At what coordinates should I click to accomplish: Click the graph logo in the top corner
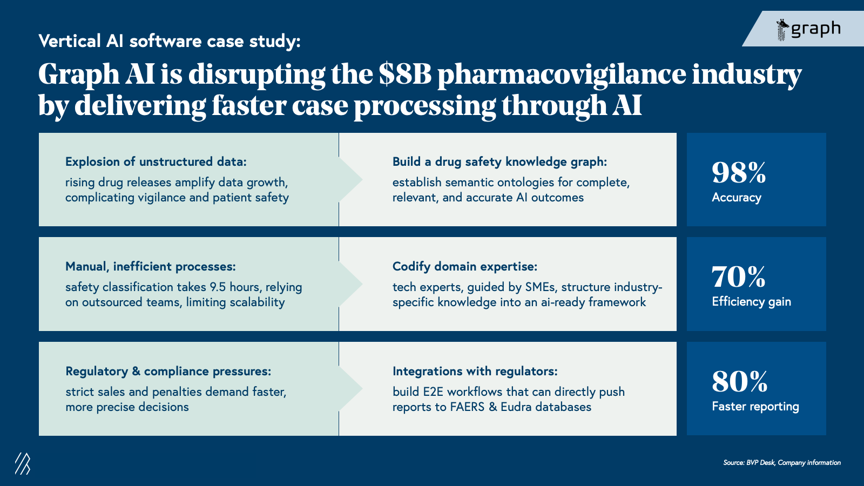(808, 29)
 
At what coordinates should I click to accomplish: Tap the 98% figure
(739, 173)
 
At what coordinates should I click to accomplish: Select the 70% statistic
(738, 277)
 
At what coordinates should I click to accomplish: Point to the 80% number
(739, 382)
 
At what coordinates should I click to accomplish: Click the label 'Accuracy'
(736, 198)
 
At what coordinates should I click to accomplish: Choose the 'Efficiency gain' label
(751, 302)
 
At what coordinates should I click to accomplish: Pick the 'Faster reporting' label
(755, 407)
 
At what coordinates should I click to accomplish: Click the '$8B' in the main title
(405, 75)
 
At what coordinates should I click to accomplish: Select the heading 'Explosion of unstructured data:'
(156, 162)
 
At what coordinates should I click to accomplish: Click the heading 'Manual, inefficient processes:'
(150, 267)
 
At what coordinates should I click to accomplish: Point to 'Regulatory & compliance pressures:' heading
(168, 372)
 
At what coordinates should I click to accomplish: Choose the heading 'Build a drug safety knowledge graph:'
(500, 162)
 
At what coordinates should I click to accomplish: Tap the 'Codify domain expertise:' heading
(464, 267)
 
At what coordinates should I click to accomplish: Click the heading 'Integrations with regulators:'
(475, 372)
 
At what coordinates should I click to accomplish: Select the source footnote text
(781, 463)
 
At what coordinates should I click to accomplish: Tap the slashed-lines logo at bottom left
(22, 463)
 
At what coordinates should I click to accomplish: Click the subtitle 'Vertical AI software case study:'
(169, 42)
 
